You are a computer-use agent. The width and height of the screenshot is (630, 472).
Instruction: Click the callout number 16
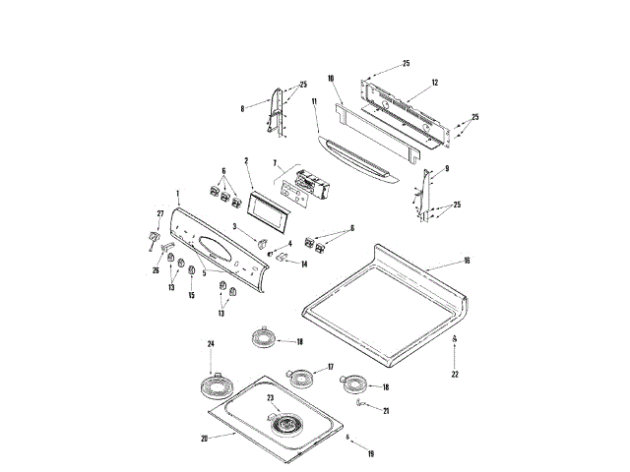tap(467, 263)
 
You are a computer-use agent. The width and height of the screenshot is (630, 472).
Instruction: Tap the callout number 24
tap(210, 342)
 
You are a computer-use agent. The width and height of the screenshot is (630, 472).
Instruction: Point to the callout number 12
tap(434, 83)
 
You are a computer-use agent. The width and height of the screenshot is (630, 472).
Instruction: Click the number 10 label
tap(331, 77)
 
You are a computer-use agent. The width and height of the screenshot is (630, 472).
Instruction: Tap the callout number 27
tap(160, 213)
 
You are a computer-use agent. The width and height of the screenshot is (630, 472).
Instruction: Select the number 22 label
tap(455, 374)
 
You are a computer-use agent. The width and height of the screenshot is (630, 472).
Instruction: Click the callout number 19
tap(371, 453)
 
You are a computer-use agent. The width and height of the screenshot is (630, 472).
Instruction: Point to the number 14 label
tap(305, 265)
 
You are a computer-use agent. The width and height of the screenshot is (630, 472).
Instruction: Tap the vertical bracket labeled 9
tap(425, 195)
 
